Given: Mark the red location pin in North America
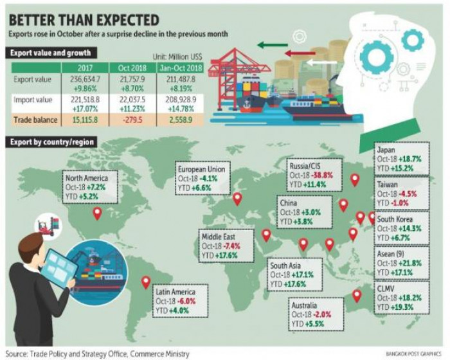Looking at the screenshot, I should click(x=98, y=213).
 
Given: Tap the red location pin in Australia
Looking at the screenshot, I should click(x=356, y=296).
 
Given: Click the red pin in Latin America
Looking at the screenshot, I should click(x=146, y=282).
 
